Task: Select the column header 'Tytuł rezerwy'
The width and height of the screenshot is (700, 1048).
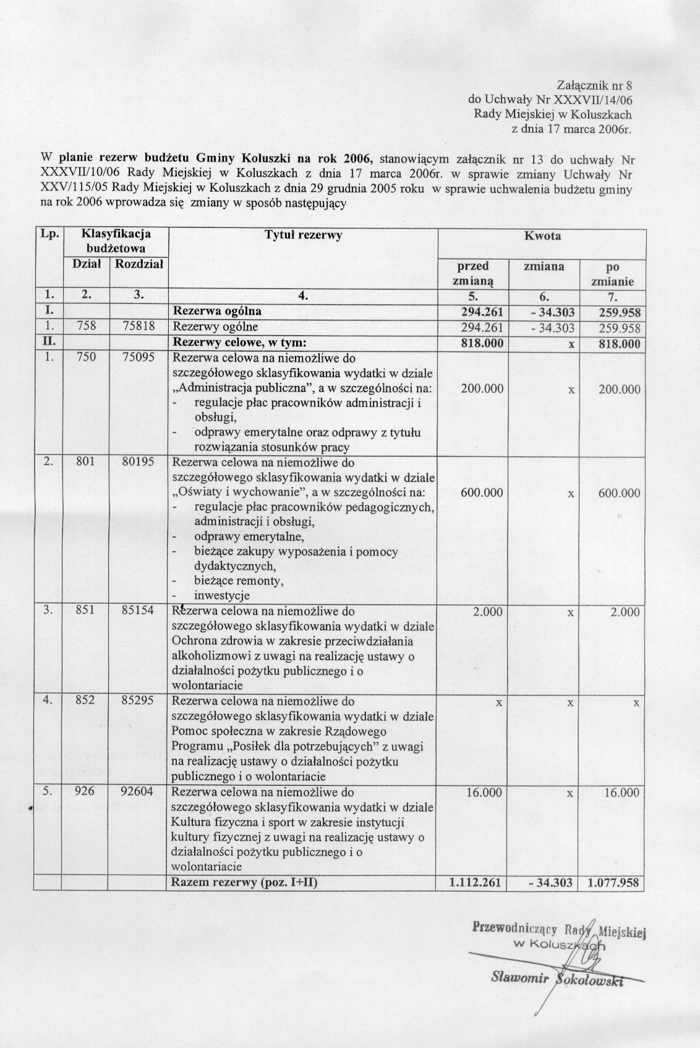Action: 303,235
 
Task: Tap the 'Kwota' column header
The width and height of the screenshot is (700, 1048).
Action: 542,236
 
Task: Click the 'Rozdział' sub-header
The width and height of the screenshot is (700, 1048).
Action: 139,265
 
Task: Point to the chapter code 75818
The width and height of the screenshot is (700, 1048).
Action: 139,327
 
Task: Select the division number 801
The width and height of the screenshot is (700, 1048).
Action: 85,462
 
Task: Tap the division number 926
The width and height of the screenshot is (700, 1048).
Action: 85,792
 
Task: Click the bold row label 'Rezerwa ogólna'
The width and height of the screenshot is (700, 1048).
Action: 217,311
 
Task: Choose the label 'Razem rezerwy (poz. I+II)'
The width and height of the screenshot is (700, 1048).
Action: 245,883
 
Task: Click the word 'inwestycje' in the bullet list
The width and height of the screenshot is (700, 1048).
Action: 222,596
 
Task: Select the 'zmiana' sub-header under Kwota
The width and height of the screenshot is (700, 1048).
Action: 544,267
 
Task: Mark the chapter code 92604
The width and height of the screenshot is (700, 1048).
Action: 139,792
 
